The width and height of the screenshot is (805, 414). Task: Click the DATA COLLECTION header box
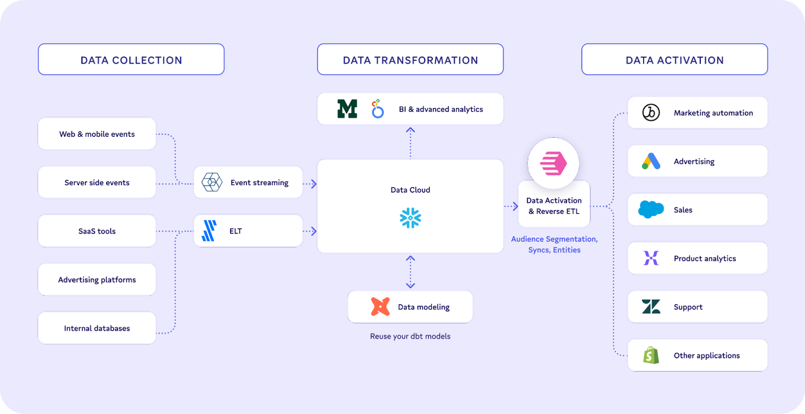pyautogui.click(x=131, y=60)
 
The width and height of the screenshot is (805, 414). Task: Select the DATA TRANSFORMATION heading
pyautogui.click(x=410, y=60)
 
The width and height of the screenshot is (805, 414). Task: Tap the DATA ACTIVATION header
pyautogui.click(x=674, y=60)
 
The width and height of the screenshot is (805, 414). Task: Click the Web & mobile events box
pyautogui.click(x=97, y=134)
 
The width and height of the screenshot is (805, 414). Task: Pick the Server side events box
pyautogui.click(x=97, y=183)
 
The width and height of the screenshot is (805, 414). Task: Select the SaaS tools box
pyautogui.click(x=97, y=231)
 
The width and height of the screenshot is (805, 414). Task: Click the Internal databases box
pyautogui.click(x=97, y=328)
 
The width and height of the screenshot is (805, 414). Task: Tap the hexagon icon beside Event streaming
pyautogui.click(x=212, y=182)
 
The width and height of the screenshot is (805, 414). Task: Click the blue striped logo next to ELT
pyautogui.click(x=209, y=231)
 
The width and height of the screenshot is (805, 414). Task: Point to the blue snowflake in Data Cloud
pyautogui.click(x=410, y=218)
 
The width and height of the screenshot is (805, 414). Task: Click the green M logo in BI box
pyautogui.click(x=347, y=109)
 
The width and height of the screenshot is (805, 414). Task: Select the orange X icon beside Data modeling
pyautogui.click(x=380, y=306)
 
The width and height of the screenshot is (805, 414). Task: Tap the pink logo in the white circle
pyautogui.click(x=553, y=163)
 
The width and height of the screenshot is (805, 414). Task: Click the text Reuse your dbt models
pyautogui.click(x=410, y=336)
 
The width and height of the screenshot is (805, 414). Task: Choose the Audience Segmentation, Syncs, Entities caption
pyautogui.click(x=554, y=244)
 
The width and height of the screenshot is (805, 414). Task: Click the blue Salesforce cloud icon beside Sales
pyautogui.click(x=651, y=209)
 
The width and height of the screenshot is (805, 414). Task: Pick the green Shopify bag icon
pyautogui.click(x=651, y=355)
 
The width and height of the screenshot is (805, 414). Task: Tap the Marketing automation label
pyautogui.click(x=713, y=113)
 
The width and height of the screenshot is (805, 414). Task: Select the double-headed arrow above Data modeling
pyautogui.click(x=411, y=272)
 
